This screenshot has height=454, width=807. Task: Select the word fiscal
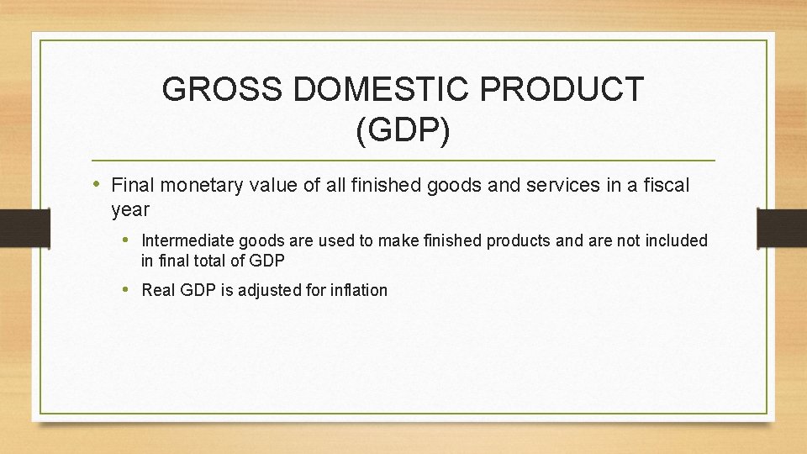pyautogui.click(x=665, y=185)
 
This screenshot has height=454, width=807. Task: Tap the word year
pyautogui.click(x=130, y=209)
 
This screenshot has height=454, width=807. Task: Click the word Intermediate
pyautogui.click(x=184, y=240)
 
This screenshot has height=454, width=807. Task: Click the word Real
pyautogui.click(x=158, y=290)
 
